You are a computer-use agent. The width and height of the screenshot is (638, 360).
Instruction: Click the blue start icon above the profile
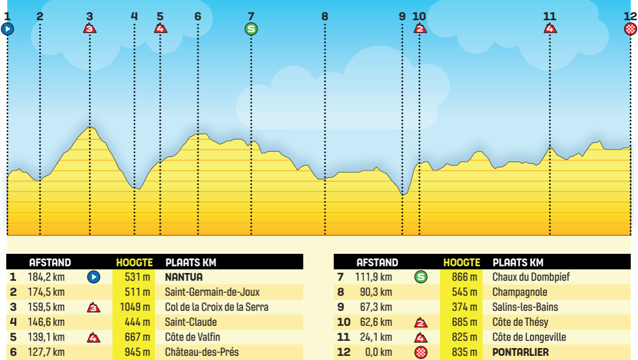click(7, 29)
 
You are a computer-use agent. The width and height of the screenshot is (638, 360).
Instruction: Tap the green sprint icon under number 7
click(251, 29)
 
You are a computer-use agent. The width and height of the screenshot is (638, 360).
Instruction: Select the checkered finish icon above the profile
click(630, 29)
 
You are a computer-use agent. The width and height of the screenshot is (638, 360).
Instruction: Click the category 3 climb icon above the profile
click(90, 28)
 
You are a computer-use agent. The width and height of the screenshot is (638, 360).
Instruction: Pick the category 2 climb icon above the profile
click(419, 28)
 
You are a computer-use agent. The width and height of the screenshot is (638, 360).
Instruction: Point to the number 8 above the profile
click(325, 16)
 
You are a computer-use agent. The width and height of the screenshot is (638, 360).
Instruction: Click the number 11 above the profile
click(549, 16)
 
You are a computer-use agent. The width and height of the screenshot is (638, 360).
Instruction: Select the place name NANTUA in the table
click(184, 277)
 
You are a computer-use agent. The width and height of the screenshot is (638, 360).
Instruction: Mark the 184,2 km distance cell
click(46, 277)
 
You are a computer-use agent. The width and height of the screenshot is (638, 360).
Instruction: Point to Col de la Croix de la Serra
click(216, 307)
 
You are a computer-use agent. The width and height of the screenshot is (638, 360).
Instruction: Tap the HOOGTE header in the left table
click(134, 263)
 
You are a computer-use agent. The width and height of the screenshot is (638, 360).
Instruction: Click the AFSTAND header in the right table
click(378, 263)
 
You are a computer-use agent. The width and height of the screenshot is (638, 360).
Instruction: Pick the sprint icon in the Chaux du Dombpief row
click(421, 277)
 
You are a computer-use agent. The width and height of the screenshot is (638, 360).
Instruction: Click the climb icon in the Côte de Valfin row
click(94, 338)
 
